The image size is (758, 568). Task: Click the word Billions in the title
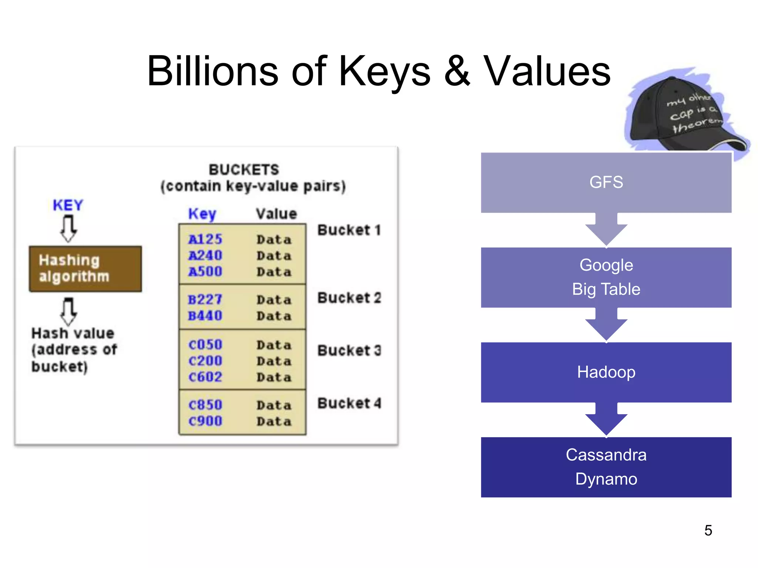(x=212, y=71)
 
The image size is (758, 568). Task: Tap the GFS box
(x=606, y=182)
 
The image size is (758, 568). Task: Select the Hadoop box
(x=606, y=372)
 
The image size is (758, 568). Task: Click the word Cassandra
(x=606, y=455)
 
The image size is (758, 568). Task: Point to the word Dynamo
(x=606, y=479)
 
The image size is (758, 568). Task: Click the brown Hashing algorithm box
(x=85, y=269)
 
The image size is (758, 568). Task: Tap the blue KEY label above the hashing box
(x=68, y=205)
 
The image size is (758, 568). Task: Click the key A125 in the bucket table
(x=205, y=239)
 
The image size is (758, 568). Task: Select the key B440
(x=205, y=316)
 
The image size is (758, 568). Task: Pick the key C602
(x=205, y=377)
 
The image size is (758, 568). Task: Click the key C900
(x=205, y=421)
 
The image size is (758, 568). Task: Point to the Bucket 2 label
(x=349, y=298)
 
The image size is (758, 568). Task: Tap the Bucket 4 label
(x=349, y=403)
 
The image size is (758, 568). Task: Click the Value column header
(x=276, y=214)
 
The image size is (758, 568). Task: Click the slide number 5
(x=708, y=531)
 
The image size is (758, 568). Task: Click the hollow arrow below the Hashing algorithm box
(x=68, y=311)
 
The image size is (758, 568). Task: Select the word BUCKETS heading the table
(x=244, y=170)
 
